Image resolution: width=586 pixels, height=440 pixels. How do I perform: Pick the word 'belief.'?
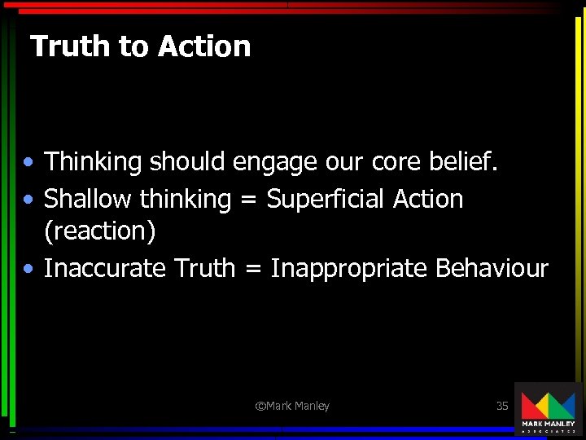click(x=467, y=162)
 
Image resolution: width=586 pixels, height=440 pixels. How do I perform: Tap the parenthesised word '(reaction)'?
click(x=99, y=231)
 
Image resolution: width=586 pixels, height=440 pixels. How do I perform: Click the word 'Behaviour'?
click(x=492, y=268)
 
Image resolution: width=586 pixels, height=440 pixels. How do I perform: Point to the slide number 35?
click(x=502, y=406)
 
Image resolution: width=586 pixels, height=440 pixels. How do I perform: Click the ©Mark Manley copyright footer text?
click(x=292, y=406)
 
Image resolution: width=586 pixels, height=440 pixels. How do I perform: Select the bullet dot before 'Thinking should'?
click(x=28, y=163)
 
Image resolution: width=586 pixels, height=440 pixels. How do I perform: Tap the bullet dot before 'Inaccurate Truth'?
click(x=28, y=269)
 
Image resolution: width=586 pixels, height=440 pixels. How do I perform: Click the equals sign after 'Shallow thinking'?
click(x=249, y=200)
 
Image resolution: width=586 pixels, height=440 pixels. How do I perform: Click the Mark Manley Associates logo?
click(x=547, y=409)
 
